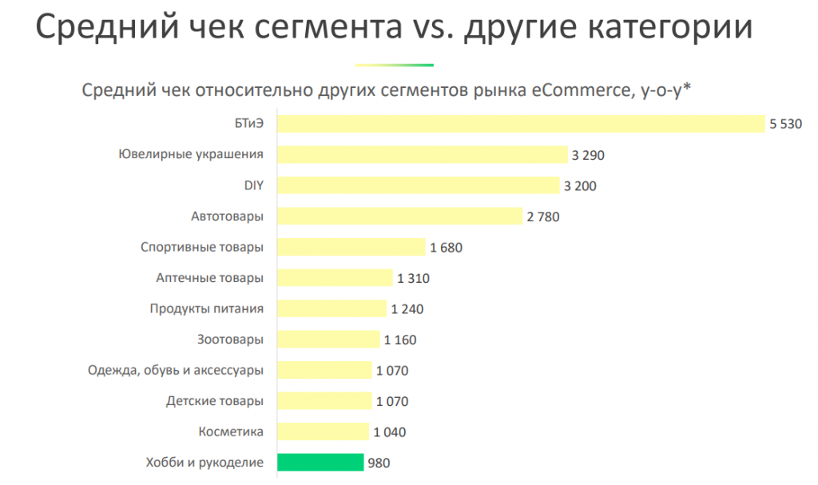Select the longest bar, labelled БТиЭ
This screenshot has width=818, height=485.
[x=521, y=124]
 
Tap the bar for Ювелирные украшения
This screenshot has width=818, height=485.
[x=421, y=155]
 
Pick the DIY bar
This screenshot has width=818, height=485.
[x=418, y=185]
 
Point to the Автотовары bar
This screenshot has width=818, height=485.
[x=399, y=217]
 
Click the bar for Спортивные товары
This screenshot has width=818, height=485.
[x=351, y=247]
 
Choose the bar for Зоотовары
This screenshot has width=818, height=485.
[x=328, y=340]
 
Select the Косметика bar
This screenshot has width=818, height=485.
[x=323, y=432]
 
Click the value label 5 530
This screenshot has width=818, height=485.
[x=785, y=125]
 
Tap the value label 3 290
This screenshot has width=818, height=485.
[x=588, y=155]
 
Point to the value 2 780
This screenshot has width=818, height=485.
[x=543, y=217]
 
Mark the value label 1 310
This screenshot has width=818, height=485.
[x=413, y=278]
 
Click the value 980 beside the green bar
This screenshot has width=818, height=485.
[x=379, y=463]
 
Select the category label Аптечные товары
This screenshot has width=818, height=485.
[x=209, y=278]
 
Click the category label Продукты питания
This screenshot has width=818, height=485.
[x=206, y=308]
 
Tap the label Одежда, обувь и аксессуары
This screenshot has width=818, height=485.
[x=175, y=371]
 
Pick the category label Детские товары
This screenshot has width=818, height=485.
[x=214, y=401]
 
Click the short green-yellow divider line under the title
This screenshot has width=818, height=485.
[x=394, y=65]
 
